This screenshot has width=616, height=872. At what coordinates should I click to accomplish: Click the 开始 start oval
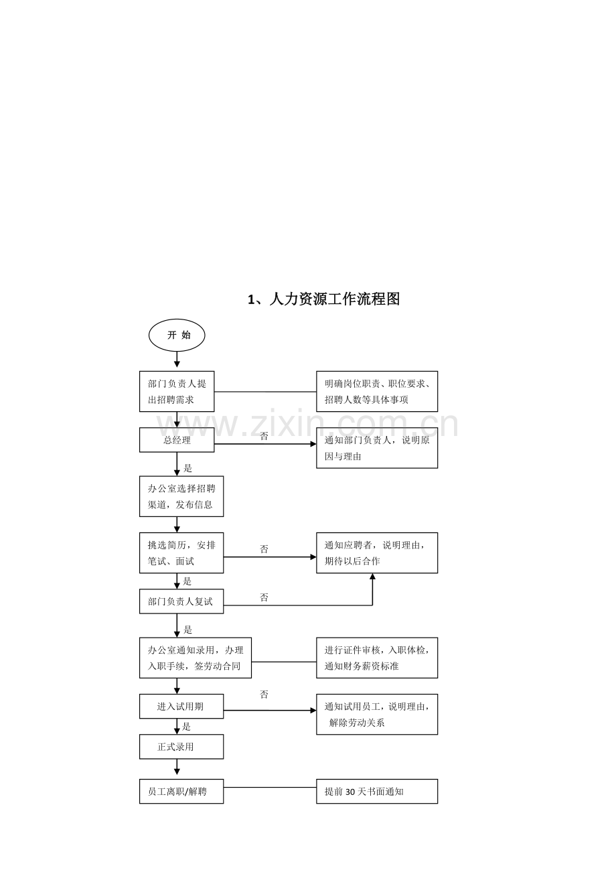pyautogui.click(x=177, y=335)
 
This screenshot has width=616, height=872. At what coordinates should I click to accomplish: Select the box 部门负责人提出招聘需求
pyautogui.click(x=177, y=391)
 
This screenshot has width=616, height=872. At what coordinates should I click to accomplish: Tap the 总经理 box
pyautogui.click(x=177, y=440)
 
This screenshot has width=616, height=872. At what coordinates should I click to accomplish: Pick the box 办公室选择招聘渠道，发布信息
pyautogui.click(x=181, y=496)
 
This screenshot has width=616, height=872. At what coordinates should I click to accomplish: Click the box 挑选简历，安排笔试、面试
pyautogui.click(x=181, y=553)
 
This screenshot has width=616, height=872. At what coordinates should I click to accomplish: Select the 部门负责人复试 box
pyautogui.click(x=181, y=601)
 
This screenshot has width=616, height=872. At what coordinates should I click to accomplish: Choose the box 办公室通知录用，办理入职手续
pyautogui.click(x=196, y=658)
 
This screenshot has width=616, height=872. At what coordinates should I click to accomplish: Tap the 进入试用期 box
pyautogui.click(x=181, y=706)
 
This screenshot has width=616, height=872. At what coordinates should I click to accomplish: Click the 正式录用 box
pyautogui.click(x=181, y=747)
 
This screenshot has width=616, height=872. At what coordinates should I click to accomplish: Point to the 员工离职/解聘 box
pyautogui.click(x=181, y=792)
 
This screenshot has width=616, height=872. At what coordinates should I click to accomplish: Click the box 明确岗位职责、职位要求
pyautogui.click(x=377, y=391)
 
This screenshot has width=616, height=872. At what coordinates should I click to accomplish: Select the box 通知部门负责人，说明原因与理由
pyautogui.click(x=377, y=447)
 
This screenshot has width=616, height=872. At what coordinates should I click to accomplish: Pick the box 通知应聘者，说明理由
pyautogui.click(x=377, y=553)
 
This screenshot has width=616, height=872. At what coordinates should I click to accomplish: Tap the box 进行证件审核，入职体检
pyautogui.click(x=377, y=658)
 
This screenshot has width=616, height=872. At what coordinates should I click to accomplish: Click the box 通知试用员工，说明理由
pyautogui.click(x=377, y=714)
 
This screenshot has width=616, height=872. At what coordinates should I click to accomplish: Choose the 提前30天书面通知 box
pyautogui.click(x=377, y=792)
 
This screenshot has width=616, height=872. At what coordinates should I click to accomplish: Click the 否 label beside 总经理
pyautogui.click(x=264, y=436)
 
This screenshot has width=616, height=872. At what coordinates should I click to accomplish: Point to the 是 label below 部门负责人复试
pyautogui.click(x=188, y=630)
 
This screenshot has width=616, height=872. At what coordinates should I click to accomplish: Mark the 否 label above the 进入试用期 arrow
pyautogui.click(x=264, y=695)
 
